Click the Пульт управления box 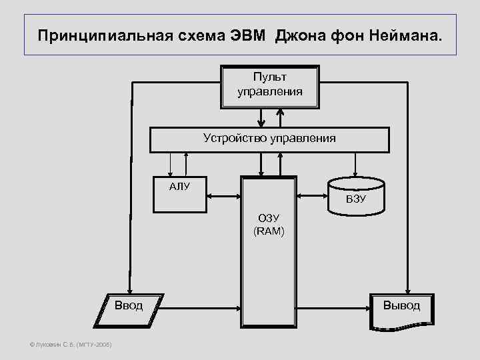(269, 85)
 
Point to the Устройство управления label (269, 138)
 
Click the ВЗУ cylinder (356, 197)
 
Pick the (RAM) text (269, 231)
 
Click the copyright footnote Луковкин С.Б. (66, 344)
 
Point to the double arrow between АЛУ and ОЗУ (224, 197)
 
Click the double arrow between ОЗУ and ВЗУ (311, 197)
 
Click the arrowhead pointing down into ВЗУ (355, 173)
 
